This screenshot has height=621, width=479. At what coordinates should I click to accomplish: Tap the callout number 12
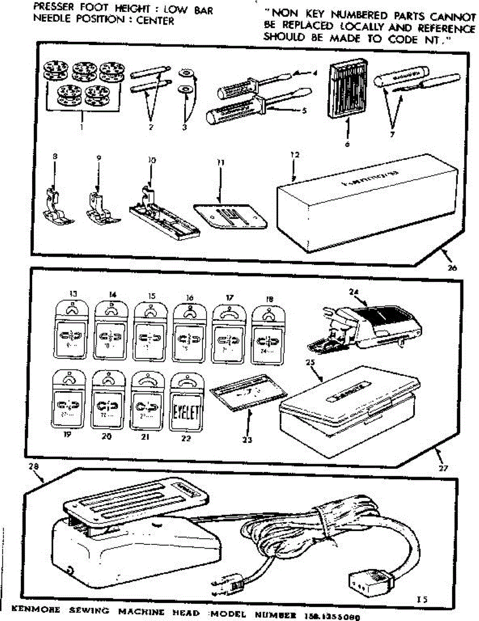(x=295, y=155)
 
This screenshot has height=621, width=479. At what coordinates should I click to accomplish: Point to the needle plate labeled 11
(x=229, y=216)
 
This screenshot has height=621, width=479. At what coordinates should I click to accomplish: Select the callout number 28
(x=34, y=467)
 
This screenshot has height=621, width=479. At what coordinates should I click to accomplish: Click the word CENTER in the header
(x=155, y=21)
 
